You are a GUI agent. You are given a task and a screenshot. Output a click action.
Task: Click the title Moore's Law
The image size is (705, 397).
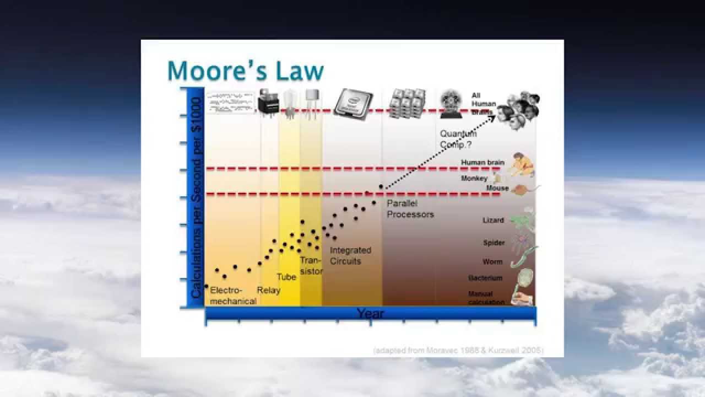pyautogui.click(x=245, y=71)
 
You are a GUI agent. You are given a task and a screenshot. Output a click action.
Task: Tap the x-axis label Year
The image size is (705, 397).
pyautogui.click(x=370, y=314)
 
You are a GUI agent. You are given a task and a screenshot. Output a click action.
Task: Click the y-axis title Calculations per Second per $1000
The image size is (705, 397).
pyautogui.click(x=196, y=197)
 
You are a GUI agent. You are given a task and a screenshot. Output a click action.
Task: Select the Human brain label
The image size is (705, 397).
pyautogui.click(x=482, y=162)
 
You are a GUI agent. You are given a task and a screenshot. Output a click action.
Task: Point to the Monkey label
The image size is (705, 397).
pyautogui.click(x=474, y=179)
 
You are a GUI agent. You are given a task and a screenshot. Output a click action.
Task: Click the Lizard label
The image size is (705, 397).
pyautogui.click(x=493, y=220)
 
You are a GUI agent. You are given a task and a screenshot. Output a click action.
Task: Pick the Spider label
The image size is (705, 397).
pyautogui.click(x=493, y=243)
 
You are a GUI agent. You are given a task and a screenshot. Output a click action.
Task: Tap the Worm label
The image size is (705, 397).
pyautogui.click(x=492, y=262)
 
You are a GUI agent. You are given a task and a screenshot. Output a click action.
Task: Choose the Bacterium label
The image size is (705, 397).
pyautogui.click(x=486, y=278)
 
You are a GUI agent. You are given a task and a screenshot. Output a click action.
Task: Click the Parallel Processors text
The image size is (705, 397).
pyautogui.click(x=410, y=209)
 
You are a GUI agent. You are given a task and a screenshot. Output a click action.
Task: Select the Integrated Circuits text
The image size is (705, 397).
pyautogui.click(x=350, y=255)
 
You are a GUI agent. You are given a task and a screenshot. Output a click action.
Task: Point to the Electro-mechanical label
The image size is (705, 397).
pyautogui.click(x=233, y=296)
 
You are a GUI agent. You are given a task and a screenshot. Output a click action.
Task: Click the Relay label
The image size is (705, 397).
pyautogui.click(x=269, y=290)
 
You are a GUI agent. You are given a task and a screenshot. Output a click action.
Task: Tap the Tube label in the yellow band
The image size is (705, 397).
pyautogui.click(x=286, y=277)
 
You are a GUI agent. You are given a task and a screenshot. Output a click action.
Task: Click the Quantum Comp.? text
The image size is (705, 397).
pyautogui.click(x=458, y=139)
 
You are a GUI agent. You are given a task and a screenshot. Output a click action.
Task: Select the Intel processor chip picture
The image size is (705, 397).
pyautogui.click(x=353, y=103)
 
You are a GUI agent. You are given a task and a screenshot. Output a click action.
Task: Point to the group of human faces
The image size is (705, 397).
pyautogui.click(x=519, y=109)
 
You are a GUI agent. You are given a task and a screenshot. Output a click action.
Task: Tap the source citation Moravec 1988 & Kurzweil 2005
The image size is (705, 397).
pyautogui.click(x=458, y=350)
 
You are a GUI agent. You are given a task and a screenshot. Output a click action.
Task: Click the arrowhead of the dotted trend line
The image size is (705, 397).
pyautogui.click(x=493, y=117)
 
